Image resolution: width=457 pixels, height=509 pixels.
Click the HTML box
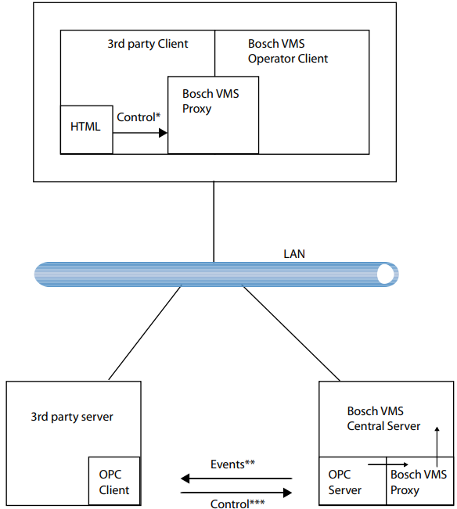click(86, 130)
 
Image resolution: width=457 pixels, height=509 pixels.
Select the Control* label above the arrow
click(139, 117)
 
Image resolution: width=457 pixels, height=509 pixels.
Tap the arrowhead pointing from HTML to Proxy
click(163, 133)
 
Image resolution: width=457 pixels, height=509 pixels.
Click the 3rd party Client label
click(147, 44)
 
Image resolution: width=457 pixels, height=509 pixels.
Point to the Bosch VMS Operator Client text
click(288, 51)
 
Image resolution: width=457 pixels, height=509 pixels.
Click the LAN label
click(294, 254)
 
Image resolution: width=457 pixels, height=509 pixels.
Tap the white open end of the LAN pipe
click(385, 274)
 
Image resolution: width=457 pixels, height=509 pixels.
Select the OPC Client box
click(114, 481)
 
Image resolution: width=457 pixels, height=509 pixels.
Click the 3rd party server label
click(72, 417)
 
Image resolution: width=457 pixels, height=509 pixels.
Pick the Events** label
click(232, 464)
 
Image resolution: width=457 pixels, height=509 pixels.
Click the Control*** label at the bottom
click(237, 504)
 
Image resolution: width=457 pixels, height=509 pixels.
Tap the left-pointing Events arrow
click(236, 479)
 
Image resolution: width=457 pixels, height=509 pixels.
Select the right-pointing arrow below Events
click(236, 493)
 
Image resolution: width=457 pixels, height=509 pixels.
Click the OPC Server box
click(353, 481)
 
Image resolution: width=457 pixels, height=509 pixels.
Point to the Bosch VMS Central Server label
click(383, 418)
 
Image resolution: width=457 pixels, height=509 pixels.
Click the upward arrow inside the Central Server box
click(437, 446)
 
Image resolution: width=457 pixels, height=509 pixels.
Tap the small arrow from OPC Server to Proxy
click(388, 464)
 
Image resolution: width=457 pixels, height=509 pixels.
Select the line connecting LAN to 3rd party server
click(145, 332)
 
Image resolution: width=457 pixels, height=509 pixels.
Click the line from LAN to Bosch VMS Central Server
click(291, 333)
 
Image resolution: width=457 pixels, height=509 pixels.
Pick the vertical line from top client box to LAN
click(214, 222)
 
